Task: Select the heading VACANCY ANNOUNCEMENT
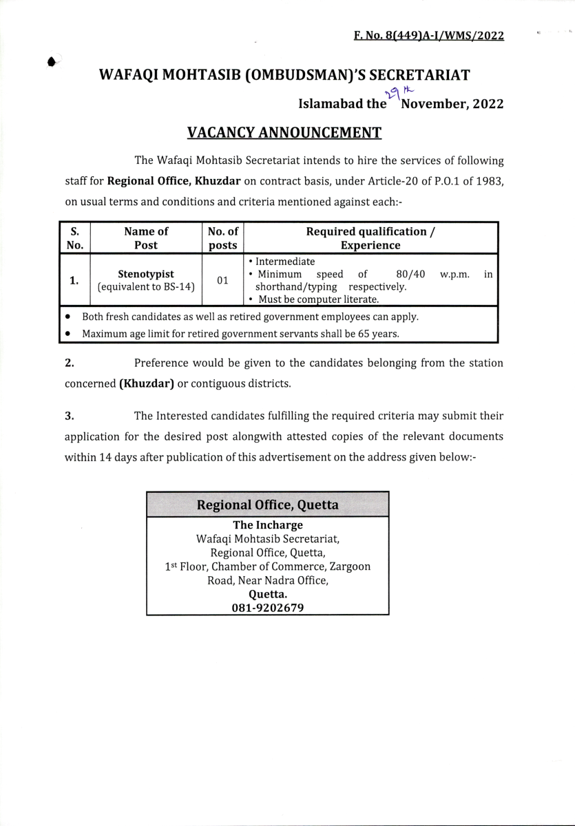pos(284,132)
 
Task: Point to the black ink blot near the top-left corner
pos(52,62)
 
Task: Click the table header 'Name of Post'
pos(146,238)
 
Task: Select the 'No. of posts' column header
pos(222,238)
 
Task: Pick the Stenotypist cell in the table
pos(146,274)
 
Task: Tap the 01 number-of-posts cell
pos(222,280)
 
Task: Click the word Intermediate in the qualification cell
pos(284,262)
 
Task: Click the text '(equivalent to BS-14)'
pos(146,287)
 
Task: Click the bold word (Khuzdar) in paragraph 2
pos(147,383)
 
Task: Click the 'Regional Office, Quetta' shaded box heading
pos(267,505)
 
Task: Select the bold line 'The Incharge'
pos(267,525)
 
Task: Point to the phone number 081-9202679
pos(267,608)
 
